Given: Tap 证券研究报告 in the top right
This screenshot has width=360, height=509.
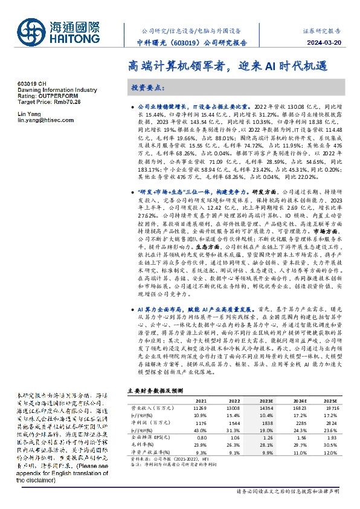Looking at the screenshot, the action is pos(322,30).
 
